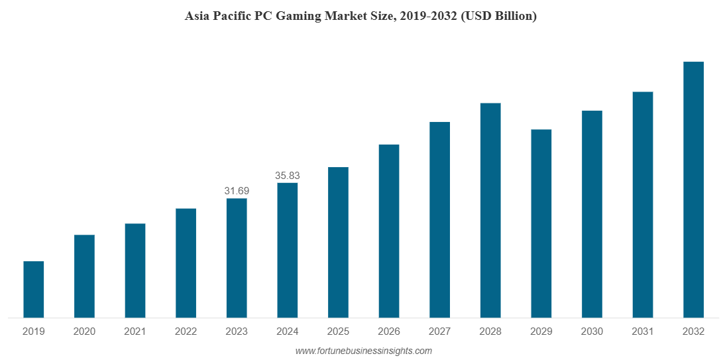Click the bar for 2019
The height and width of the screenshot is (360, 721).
point(34,290)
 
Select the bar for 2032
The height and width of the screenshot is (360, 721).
point(693,190)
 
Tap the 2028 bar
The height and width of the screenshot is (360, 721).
point(490,210)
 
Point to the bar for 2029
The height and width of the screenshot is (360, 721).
point(541,223)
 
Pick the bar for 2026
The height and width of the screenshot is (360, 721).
point(389,231)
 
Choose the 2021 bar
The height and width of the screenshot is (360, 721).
point(135,270)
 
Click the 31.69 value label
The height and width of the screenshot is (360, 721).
point(237,191)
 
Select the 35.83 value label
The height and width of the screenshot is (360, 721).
point(287,176)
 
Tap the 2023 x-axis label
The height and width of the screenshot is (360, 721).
point(237,331)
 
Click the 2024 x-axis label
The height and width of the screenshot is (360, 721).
point(287,331)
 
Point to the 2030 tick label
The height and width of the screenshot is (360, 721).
point(592,331)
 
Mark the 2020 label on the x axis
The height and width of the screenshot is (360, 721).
point(84,331)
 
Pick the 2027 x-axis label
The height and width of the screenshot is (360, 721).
point(439,331)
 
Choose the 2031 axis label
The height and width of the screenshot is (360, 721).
point(643,331)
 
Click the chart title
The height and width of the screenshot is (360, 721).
point(360,17)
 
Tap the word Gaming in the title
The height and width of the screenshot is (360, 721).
point(298,17)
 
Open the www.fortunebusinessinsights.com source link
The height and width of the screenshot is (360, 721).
point(363,351)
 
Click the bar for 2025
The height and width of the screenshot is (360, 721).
point(338,243)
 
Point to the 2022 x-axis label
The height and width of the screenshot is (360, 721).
point(186,331)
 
